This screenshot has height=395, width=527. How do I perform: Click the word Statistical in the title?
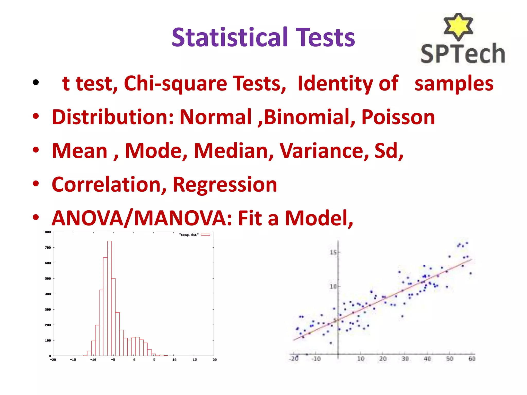click(229, 38)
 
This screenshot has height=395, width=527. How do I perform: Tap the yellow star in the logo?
click(458, 26)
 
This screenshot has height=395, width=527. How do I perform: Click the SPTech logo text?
click(462, 53)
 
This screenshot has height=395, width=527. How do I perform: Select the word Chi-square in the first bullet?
click(175, 83)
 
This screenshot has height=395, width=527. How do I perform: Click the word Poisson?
click(398, 117)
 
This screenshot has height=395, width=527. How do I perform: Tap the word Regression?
click(225, 185)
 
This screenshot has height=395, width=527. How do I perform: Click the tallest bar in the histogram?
click(109, 298)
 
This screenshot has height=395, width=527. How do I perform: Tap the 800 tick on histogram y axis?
click(48, 232)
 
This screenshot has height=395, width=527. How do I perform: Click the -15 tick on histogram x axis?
click(73, 360)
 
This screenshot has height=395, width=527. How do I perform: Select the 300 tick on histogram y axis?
click(48, 310)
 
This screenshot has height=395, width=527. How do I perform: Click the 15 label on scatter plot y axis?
click(333, 253)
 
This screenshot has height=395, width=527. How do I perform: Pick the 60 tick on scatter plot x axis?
click(472, 359)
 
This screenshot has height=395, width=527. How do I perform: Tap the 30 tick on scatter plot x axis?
click(405, 359)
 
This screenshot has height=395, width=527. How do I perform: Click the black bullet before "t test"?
click(36, 83)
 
